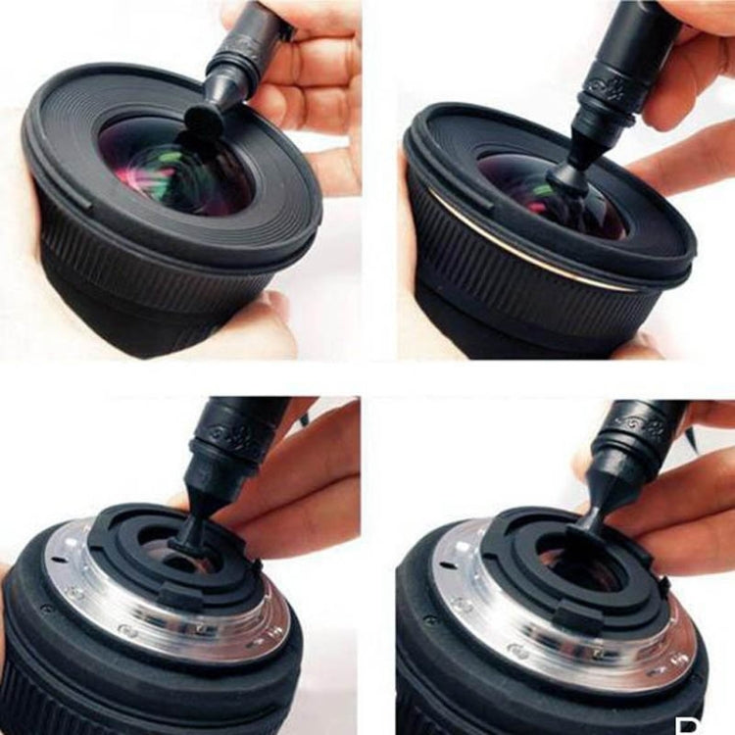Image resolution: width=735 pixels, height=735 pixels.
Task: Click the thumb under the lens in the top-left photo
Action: (x=245, y=328)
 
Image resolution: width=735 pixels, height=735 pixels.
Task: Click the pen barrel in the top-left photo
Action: (x=250, y=49)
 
